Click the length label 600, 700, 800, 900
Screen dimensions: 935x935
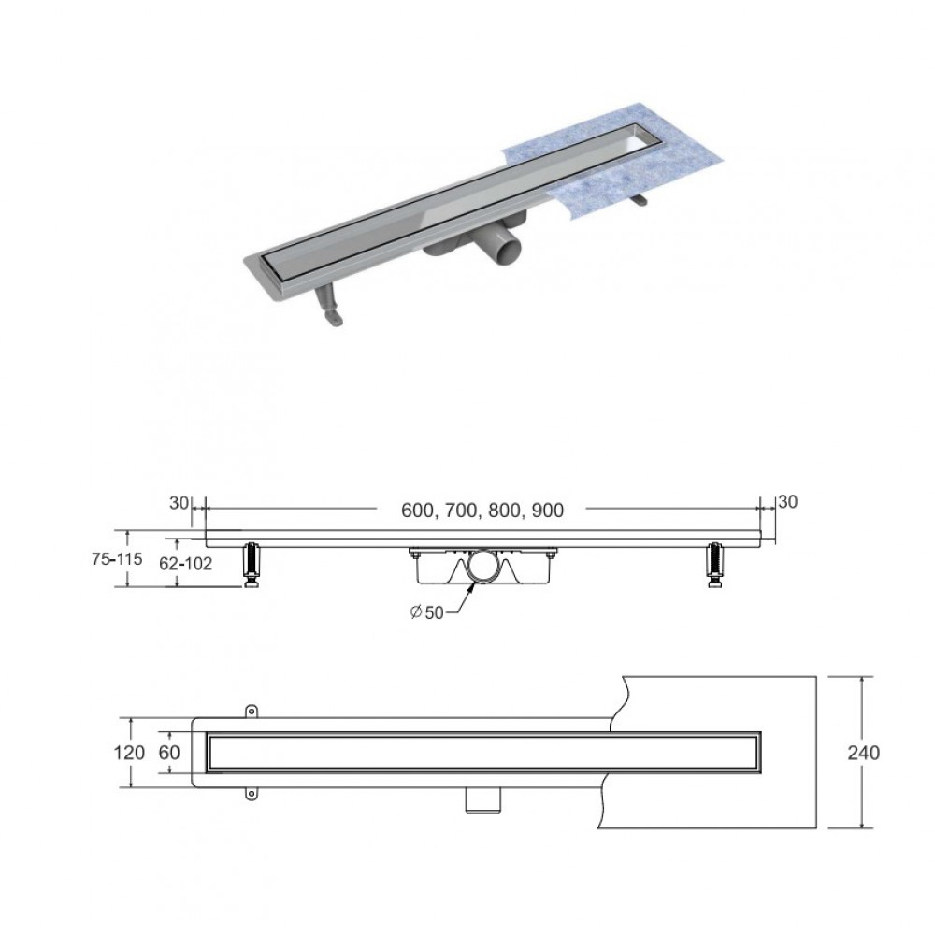coord(482,511)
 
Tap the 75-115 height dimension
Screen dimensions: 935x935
coord(117,559)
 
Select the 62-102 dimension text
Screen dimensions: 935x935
coord(185,564)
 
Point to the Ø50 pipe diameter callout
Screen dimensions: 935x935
coord(427,612)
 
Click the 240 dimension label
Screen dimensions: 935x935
coord(863,753)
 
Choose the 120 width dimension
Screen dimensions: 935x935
coord(129,753)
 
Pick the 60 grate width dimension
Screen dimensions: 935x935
coord(168,753)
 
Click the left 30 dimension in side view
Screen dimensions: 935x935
coord(179,503)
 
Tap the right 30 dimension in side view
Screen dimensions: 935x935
coord(787,502)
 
